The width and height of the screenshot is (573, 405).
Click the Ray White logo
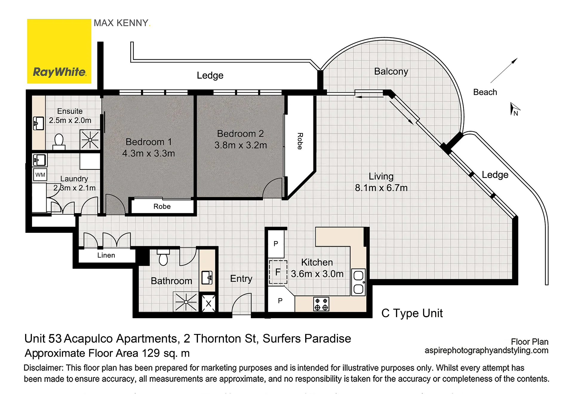(x=59, y=51)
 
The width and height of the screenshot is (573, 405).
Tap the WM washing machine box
(x=40, y=175)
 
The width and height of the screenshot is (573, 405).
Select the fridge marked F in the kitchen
(x=278, y=272)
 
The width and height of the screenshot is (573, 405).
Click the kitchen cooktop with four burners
(x=321, y=304)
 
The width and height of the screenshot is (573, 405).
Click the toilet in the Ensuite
(x=59, y=142)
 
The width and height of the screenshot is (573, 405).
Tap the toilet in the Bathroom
(x=163, y=257)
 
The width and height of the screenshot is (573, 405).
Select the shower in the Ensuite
(x=90, y=139)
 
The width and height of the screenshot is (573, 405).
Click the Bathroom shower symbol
(x=186, y=302)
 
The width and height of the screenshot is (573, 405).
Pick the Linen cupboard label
(x=106, y=255)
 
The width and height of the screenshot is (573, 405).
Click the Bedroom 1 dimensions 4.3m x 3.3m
(x=148, y=153)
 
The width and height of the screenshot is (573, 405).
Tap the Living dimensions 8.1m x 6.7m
(x=381, y=188)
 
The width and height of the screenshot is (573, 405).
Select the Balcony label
(x=391, y=72)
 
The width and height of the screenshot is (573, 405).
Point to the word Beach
(x=485, y=92)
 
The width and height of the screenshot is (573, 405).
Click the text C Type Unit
(x=412, y=313)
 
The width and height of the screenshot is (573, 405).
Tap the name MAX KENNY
(x=121, y=23)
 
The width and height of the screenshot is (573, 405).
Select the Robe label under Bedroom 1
(x=162, y=207)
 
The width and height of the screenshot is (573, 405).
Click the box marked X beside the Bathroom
(x=208, y=304)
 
